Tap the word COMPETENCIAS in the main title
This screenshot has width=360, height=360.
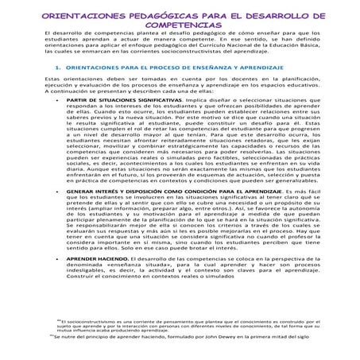pos(180,25)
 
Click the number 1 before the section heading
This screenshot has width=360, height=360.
pos(52,70)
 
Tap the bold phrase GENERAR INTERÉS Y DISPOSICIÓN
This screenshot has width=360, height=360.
pos(126,194)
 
